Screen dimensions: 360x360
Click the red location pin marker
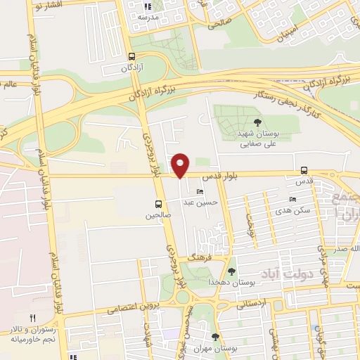pos(181,165)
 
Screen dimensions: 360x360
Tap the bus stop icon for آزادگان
pos(131,57)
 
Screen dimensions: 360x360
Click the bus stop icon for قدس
pos(304,169)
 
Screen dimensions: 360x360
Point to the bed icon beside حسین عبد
pos(200,191)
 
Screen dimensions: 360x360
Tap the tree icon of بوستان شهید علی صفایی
pos(255,123)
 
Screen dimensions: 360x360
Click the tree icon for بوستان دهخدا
pos(232,271)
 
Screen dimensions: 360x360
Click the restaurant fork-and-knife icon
pos(32,318)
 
